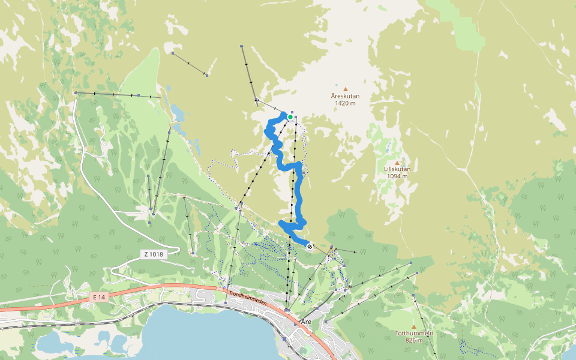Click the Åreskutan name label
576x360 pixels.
[345, 96]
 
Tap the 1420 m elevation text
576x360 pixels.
[345, 103]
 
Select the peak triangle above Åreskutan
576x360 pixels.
[345, 89]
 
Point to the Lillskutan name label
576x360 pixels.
[397, 169]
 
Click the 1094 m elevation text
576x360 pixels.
[397, 176]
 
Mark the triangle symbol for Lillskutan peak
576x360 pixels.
[397, 163]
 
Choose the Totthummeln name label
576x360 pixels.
[414, 333]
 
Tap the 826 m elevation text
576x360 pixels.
[414, 340]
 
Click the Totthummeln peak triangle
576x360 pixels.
[413, 326]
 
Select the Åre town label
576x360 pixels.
[307, 322]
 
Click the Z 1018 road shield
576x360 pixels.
[154, 254]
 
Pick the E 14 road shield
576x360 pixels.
[99, 297]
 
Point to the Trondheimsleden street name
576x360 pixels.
[247, 298]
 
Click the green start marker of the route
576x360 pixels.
[290, 117]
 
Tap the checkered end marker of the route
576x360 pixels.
[310, 246]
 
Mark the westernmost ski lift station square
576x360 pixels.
[76, 93]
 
